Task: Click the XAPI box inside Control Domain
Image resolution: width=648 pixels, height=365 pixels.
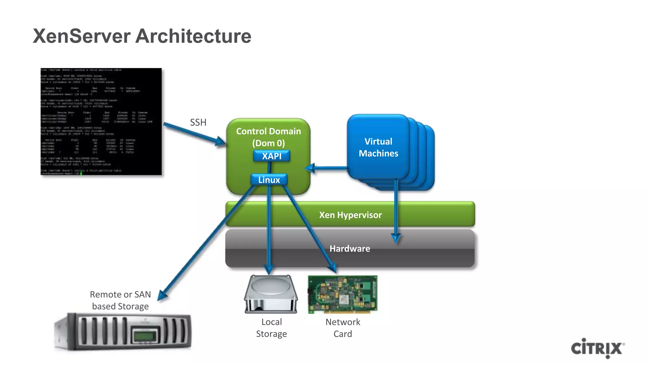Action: pyautogui.click(x=271, y=156)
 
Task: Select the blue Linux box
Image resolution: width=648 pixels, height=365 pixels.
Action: pyautogui.click(x=269, y=180)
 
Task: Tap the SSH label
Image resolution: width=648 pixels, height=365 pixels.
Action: pyautogui.click(x=198, y=122)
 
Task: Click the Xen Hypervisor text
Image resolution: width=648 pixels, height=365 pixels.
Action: pyautogui.click(x=350, y=215)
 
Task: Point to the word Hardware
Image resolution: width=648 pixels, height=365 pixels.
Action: pyautogui.click(x=350, y=249)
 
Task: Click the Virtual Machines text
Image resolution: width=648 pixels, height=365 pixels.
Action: pyautogui.click(x=378, y=147)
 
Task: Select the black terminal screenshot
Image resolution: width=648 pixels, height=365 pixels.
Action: pyautogui.click(x=101, y=121)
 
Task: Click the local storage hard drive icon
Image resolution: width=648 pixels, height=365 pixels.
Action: pyautogui.click(x=271, y=294)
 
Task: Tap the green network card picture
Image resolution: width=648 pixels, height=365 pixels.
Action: pyautogui.click(x=343, y=294)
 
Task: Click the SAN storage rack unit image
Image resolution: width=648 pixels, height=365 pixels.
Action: pyautogui.click(x=123, y=332)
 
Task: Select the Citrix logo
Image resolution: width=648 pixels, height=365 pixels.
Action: pyautogui.click(x=597, y=348)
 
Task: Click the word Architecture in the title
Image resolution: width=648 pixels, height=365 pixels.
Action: pyautogui.click(x=193, y=36)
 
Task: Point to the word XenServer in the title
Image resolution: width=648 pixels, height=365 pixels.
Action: pyautogui.click(x=82, y=36)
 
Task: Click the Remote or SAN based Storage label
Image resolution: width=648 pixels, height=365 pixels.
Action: pyautogui.click(x=120, y=300)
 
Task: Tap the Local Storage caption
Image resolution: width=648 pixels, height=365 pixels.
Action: pyautogui.click(x=271, y=328)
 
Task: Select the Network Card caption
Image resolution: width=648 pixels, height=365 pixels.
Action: pyautogui.click(x=343, y=328)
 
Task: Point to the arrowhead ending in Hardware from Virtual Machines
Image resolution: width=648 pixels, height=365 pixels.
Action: pyautogui.click(x=396, y=238)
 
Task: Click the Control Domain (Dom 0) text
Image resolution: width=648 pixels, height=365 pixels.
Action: pyautogui.click(x=268, y=137)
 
